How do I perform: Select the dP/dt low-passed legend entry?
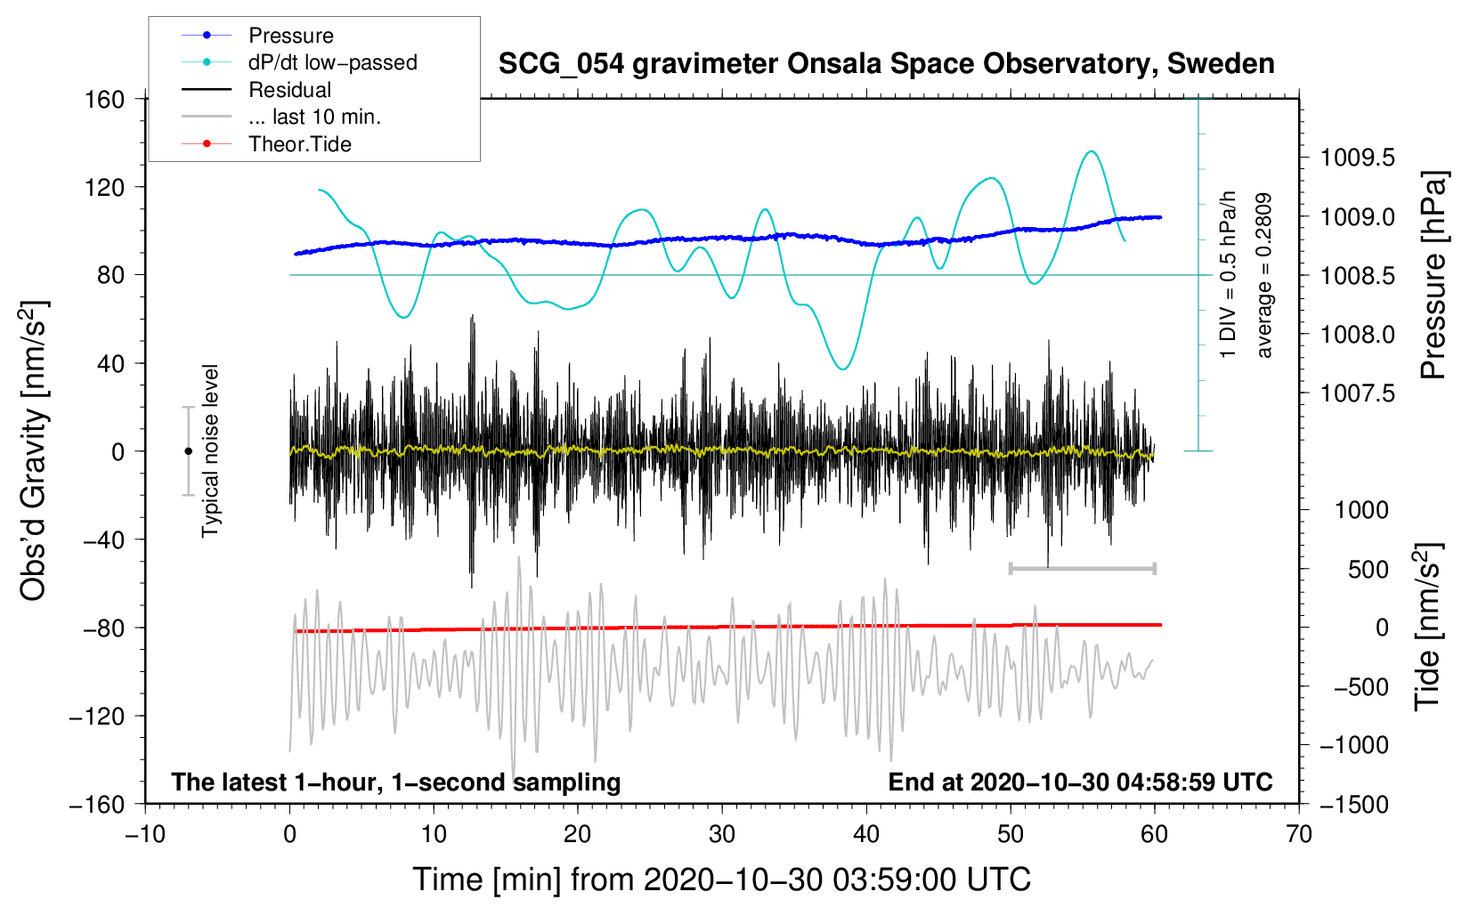pyautogui.click(x=332, y=62)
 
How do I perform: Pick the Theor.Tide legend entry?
pyautogui.click(x=299, y=144)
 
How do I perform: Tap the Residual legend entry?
pyautogui.click(x=289, y=90)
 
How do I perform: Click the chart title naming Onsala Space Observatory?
pyautogui.click(x=886, y=64)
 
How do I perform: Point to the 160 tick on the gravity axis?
pyautogui.click(x=105, y=99)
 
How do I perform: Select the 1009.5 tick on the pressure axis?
pyautogui.click(x=1357, y=158)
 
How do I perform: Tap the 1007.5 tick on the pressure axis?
pyautogui.click(x=1357, y=393)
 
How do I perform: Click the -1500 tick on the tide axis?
pyautogui.click(x=1354, y=804)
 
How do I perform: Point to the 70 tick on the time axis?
pyautogui.click(x=1299, y=834)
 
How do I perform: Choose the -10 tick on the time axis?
pyautogui.click(x=145, y=834)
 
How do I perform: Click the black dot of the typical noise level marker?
pyautogui.click(x=188, y=451)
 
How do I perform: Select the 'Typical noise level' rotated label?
pyautogui.click(x=210, y=450)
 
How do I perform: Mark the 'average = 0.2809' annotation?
pyautogui.click(x=1264, y=276)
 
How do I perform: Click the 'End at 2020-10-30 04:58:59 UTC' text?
pyautogui.click(x=1080, y=782)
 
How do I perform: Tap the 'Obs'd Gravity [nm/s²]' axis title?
pyautogui.click(x=34, y=450)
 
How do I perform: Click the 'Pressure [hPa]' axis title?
pyautogui.click(x=1433, y=276)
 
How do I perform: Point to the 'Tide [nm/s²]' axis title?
pyautogui.click(x=1427, y=627)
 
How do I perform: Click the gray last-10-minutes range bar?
pyautogui.click(x=1082, y=568)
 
